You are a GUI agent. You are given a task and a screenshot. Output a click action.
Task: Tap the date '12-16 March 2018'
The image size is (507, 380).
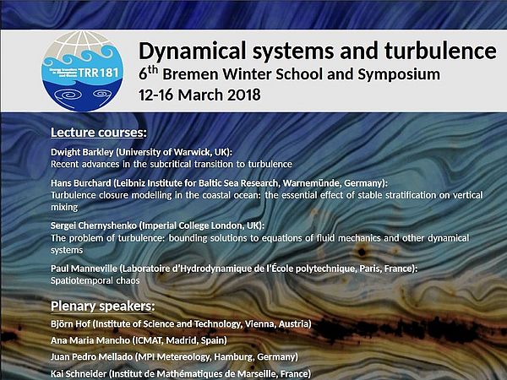click(x=199, y=94)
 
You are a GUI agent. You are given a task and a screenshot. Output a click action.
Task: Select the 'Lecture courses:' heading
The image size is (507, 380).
click(x=99, y=133)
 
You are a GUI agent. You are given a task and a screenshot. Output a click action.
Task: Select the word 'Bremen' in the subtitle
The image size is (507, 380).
click(x=198, y=74)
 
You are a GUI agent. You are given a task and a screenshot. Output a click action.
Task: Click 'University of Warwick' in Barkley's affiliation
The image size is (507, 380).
click(x=168, y=151)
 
